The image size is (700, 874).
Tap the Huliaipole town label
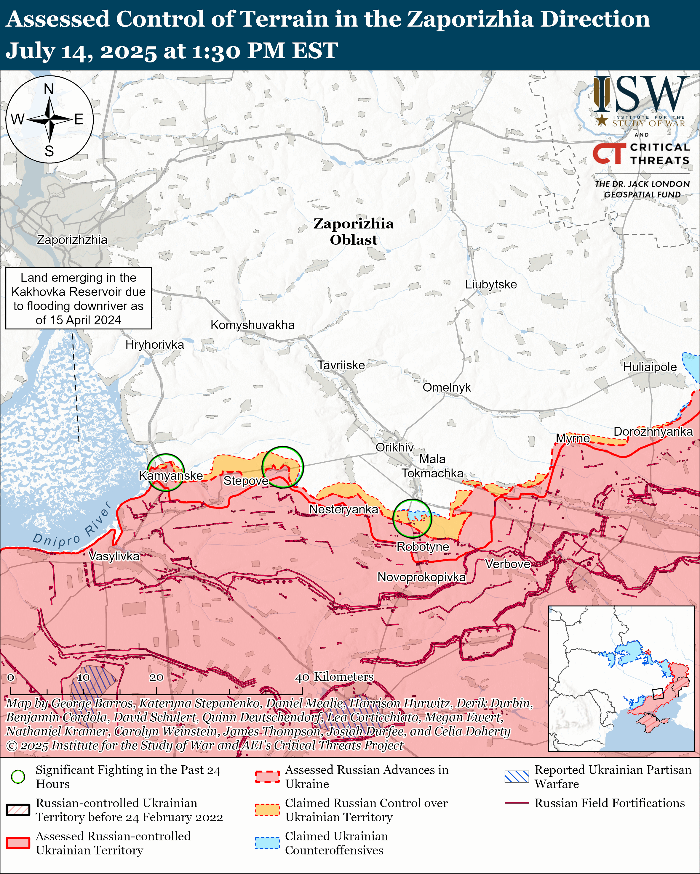[x=650, y=367]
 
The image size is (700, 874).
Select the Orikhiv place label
[x=394, y=447]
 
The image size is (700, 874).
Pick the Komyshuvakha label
[x=252, y=325]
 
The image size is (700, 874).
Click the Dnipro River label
[x=72, y=528]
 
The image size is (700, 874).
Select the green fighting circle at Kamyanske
[x=166, y=472]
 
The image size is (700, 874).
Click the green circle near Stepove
[x=282, y=467]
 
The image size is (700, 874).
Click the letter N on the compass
[x=49, y=89]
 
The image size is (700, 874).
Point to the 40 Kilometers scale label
[x=334, y=677]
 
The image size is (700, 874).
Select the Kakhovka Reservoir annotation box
[x=78, y=298]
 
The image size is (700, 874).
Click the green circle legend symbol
[x=18, y=776]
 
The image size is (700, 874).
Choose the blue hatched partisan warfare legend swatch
[x=517, y=776]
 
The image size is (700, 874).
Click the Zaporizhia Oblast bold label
[x=354, y=231]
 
